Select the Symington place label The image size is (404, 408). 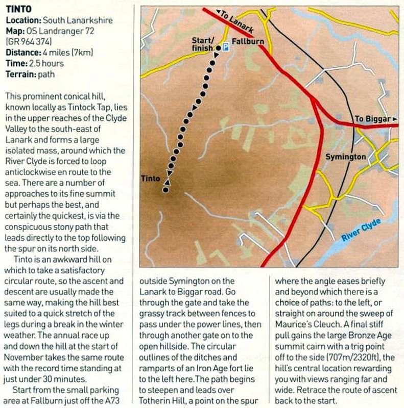tap(345, 157)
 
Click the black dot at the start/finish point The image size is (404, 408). tap(218, 48)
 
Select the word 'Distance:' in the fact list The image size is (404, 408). tap(22, 53)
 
